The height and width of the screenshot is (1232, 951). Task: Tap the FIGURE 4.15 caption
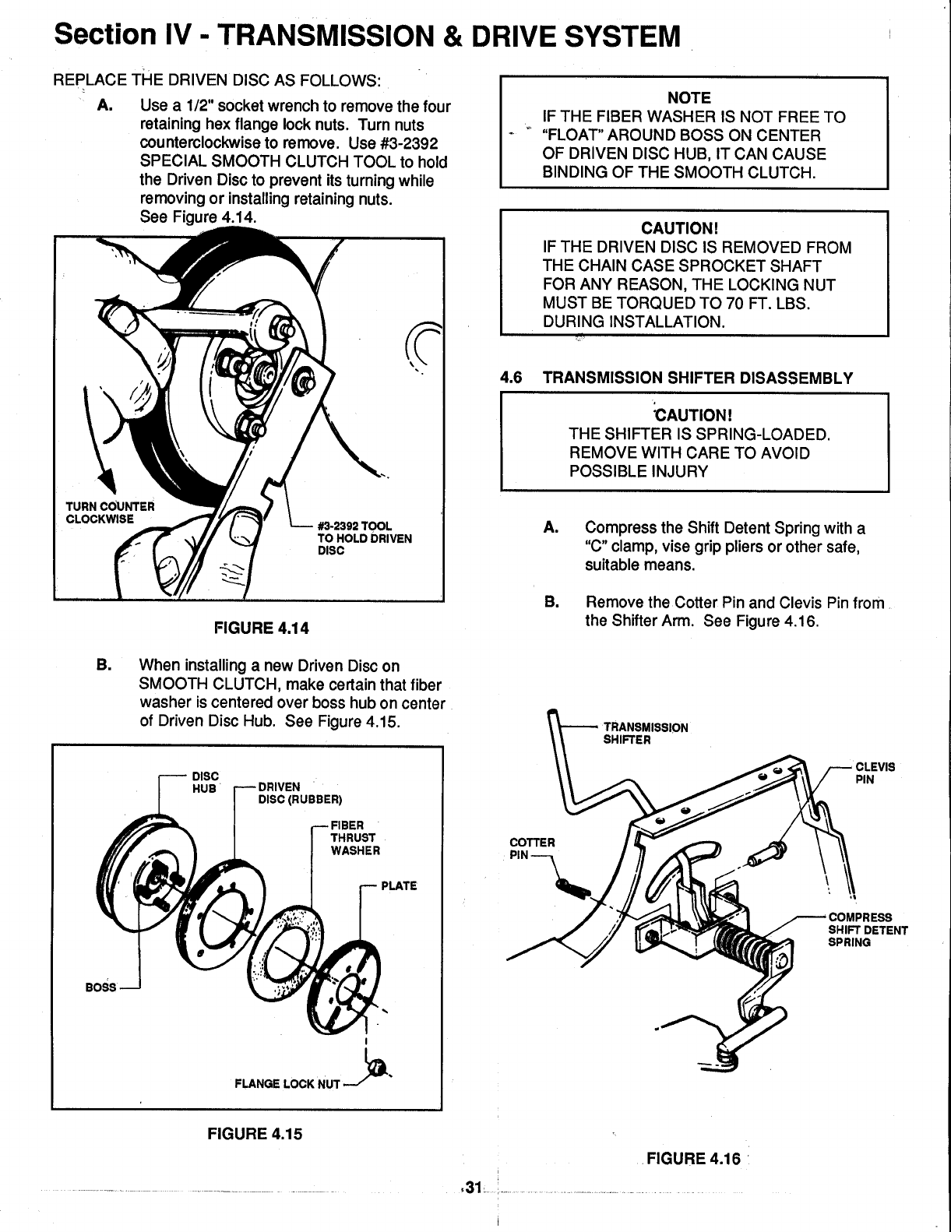254,1133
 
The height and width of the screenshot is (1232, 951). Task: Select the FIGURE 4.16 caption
693,1158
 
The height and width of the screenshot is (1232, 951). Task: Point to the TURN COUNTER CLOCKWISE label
110,512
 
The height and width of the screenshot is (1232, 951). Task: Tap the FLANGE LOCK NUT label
287,1083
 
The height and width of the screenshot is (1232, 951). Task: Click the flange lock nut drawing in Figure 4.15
376,1068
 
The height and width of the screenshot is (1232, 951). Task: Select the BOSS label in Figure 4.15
100,987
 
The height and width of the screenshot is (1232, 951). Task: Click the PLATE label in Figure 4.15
399,885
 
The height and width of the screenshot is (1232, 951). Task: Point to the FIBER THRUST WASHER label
355,838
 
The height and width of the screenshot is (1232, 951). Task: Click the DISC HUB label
205,782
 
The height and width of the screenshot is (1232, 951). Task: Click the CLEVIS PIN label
875,772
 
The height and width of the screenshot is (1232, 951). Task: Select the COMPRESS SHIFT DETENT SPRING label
867,929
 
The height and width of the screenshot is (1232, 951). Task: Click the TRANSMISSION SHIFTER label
646,734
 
